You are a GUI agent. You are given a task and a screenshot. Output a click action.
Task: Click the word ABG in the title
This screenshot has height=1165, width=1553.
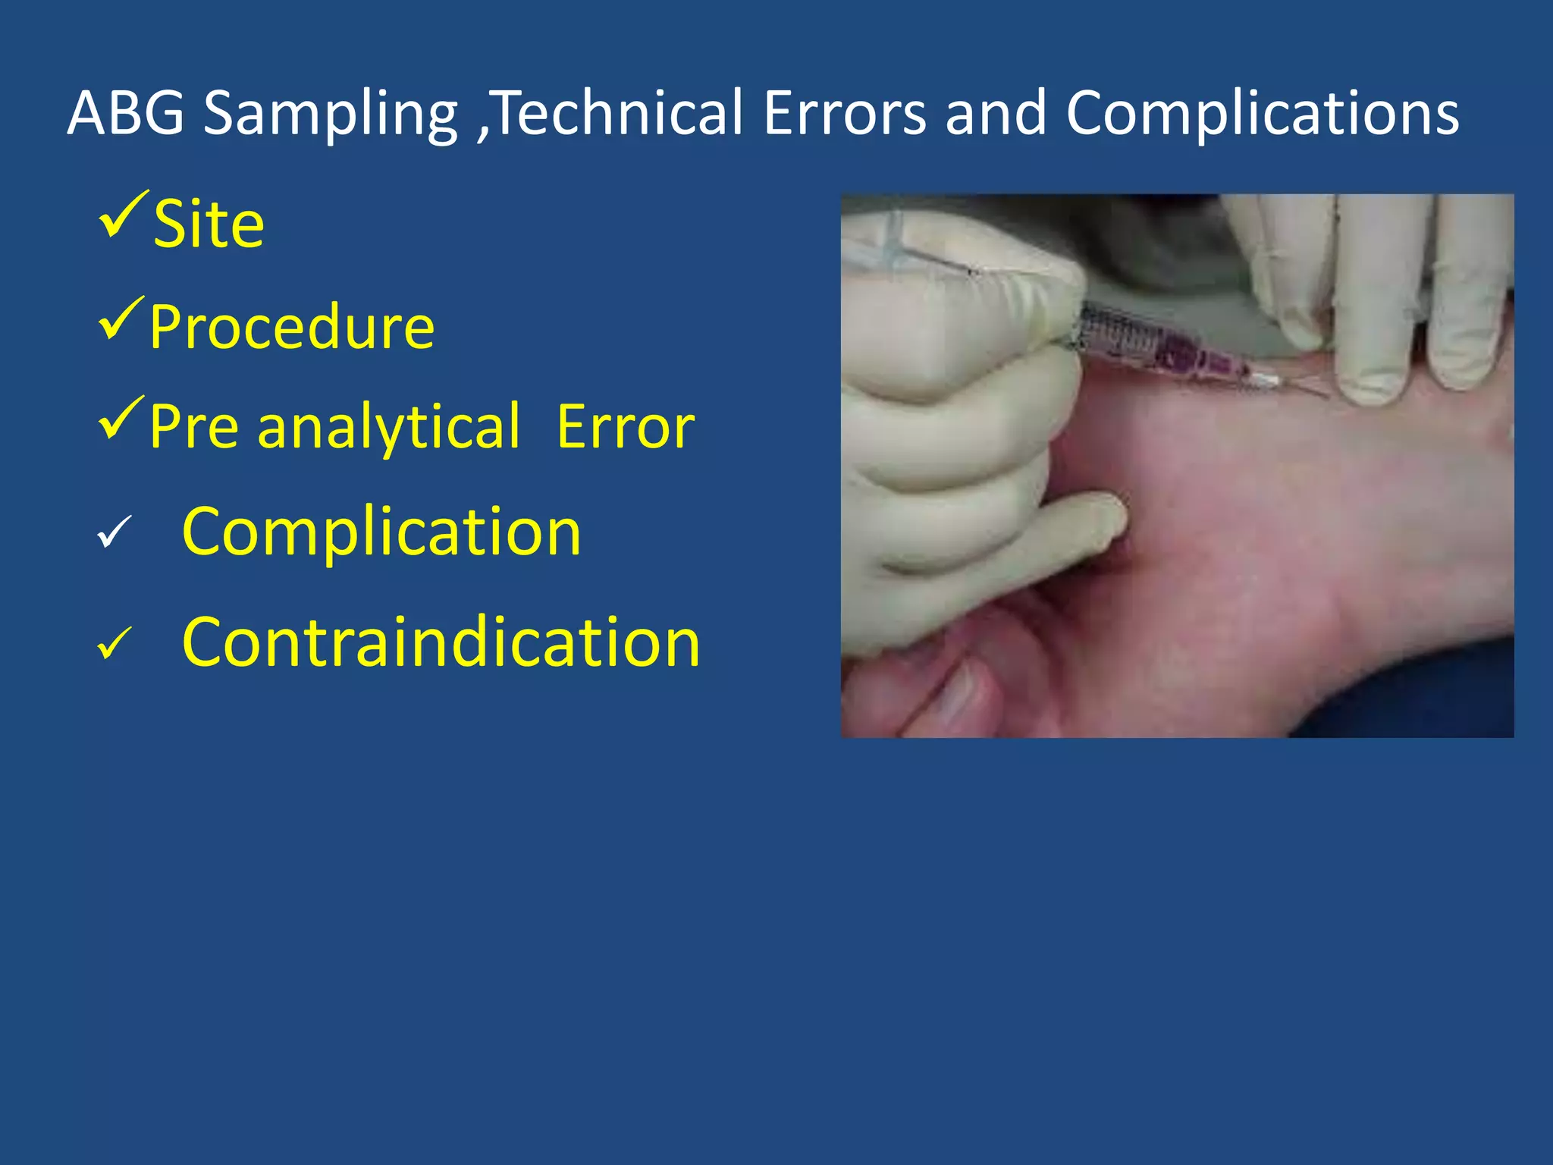click(126, 114)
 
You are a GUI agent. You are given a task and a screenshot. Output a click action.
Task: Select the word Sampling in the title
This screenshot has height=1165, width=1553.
click(331, 114)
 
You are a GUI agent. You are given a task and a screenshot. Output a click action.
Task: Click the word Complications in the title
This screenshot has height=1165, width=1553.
click(1262, 114)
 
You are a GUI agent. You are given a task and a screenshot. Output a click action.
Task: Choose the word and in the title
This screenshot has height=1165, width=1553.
click(996, 114)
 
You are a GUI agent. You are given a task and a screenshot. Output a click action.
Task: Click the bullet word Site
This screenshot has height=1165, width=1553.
click(209, 225)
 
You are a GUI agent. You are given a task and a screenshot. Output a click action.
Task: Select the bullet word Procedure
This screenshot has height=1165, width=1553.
click(292, 328)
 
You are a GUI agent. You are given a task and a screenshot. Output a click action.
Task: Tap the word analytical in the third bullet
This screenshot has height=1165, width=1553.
click(389, 427)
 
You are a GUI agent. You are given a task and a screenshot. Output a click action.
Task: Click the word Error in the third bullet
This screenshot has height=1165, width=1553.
click(625, 427)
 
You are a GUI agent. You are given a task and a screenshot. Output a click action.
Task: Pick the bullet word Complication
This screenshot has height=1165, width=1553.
click(381, 532)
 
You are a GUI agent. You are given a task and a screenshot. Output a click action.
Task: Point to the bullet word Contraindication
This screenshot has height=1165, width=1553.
click(441, 643)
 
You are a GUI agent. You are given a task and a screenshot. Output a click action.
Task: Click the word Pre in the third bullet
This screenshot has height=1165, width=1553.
click(193, 427)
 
